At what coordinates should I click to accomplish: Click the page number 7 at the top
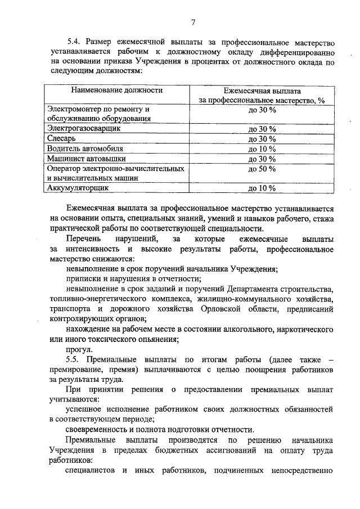193,22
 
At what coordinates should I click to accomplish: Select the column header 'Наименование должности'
117,89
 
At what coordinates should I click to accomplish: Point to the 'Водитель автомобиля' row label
85,148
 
